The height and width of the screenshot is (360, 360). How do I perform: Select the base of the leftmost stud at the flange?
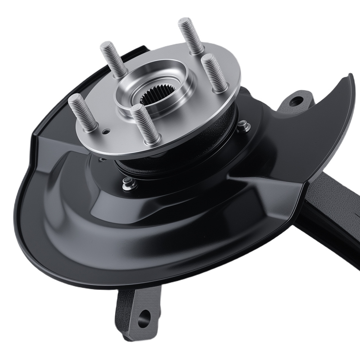point(90,128)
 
